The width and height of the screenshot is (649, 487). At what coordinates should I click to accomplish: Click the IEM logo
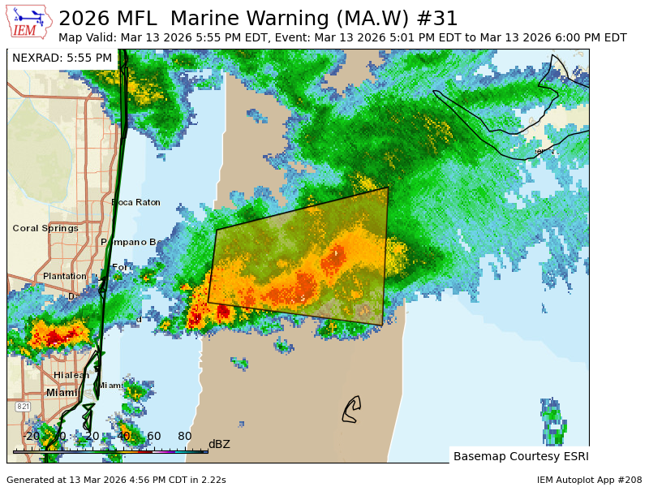click(x=29, y=22)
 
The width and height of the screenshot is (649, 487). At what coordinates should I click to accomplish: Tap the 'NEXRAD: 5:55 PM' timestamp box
click(x=62, y=58)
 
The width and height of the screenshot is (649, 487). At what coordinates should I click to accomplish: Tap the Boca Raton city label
click(x=135, y=202)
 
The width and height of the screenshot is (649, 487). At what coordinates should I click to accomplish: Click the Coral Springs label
click(x=45, y=228)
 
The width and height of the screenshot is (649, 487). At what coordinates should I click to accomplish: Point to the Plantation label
click(x=65, y=276)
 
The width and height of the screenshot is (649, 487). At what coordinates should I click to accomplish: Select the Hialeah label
click(x=71, y=375)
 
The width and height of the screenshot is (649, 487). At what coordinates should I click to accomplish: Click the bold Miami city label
click(x=62, y=393)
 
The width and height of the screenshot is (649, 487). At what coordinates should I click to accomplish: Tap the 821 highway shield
click(x=23, y=406)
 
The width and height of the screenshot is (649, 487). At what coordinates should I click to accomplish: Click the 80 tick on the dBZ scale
click(x=184, y=437)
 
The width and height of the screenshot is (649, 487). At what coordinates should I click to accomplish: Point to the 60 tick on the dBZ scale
click(x=153, y=437)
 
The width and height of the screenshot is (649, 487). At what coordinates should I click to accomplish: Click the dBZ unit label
click(x=219, y=444)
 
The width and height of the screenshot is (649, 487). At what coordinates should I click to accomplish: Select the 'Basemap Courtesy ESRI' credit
click(x=521, y=456)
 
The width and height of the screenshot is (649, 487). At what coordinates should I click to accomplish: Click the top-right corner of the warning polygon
click(x=388, y=187)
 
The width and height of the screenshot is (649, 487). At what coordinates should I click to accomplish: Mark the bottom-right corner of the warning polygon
click(x=382, y=325)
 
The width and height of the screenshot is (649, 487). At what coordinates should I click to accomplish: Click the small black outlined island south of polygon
click(x=350, y=409)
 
